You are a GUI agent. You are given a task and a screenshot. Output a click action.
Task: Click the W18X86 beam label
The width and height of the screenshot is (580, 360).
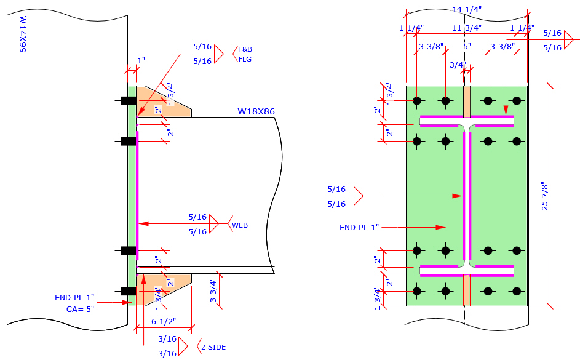tap(256, 111)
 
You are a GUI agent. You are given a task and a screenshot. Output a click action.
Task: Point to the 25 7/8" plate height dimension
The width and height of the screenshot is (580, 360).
tap(545, 196)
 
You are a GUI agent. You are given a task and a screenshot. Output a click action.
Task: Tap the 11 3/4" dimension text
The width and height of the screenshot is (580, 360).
tap(467, 28)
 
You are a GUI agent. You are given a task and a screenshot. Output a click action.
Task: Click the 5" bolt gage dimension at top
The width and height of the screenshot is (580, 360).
tap(467, 46)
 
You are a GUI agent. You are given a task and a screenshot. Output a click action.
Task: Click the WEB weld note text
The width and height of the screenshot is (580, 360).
tap(239, 226)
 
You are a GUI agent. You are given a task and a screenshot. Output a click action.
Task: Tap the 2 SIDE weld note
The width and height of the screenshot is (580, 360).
tap(213, 347)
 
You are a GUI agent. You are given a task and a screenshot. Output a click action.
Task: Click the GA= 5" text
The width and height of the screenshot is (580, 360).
tap(79, 310)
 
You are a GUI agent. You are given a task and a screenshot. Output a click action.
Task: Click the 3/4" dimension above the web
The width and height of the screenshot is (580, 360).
tap(458, 65)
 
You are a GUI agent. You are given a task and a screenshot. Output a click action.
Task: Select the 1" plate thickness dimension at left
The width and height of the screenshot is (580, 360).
tap(141, 61)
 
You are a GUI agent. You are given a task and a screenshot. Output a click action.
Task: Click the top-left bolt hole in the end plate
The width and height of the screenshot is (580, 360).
tap(417, 100)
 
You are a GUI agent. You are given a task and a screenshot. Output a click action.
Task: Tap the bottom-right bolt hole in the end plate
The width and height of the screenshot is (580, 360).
tap(517, 290)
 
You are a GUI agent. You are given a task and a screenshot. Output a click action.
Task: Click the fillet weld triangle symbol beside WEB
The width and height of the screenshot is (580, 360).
tap(214, 224)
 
